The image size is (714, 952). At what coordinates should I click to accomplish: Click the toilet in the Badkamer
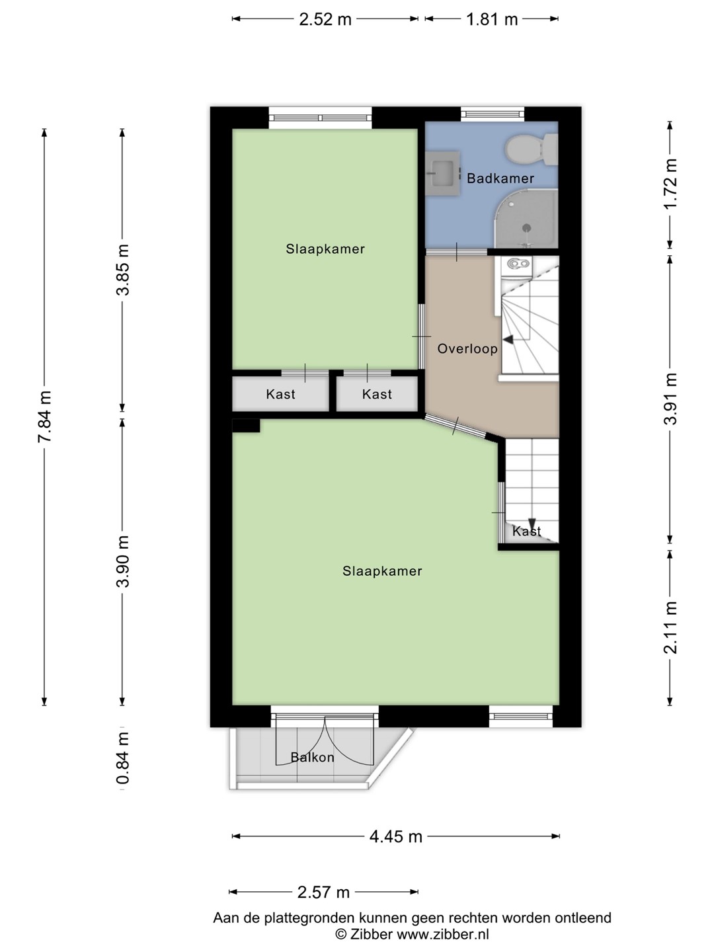point(531,149)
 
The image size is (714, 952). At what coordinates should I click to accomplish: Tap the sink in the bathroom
point(442,173)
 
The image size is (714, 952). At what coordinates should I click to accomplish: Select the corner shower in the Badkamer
point(526,219)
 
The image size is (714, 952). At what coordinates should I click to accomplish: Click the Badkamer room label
point(500,178)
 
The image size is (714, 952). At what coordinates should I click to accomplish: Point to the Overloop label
point(467,348)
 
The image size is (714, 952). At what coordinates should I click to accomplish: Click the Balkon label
point(312,757)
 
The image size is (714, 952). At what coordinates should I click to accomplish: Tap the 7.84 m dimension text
point(45,416)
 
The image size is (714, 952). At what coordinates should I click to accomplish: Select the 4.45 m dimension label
point(396,836)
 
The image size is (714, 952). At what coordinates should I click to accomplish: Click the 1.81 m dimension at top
point(492,19)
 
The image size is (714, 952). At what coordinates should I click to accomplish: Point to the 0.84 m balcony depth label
point(123,758)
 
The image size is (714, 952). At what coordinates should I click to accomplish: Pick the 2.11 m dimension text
point(670,627)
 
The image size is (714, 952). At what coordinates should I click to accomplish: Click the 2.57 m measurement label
point(323,892)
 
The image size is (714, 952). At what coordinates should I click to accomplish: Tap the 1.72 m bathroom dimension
point(670,184)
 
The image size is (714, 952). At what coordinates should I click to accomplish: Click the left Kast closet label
point(280,394)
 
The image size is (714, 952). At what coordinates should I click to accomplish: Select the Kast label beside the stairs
point(526,532)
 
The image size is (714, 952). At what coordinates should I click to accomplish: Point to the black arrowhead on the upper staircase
point(508,340)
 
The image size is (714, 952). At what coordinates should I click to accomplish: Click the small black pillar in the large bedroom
point(246,426)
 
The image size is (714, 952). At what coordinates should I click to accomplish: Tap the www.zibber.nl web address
point(442,934)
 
